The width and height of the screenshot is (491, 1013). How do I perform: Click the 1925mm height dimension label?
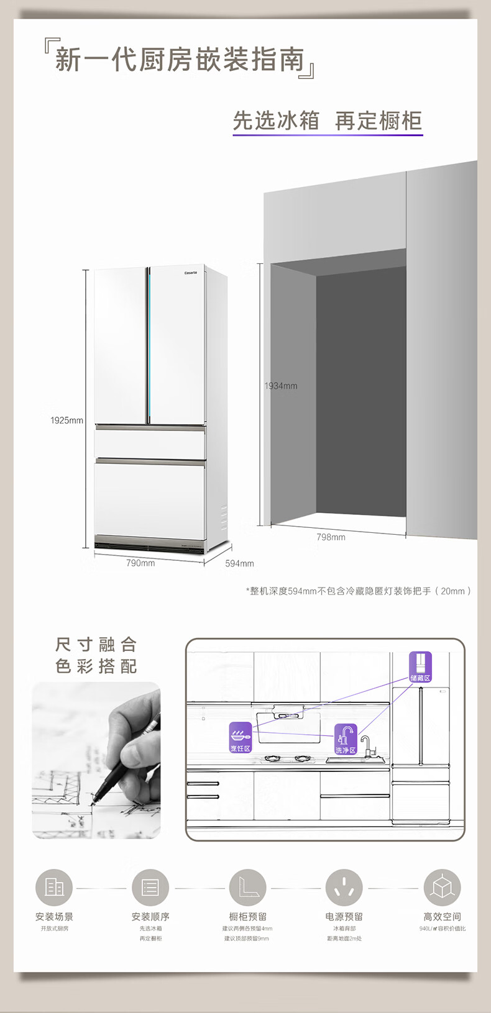[67, 420]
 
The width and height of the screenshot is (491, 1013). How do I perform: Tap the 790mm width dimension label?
[140, 563]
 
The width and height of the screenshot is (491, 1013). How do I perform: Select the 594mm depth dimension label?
[239, 563]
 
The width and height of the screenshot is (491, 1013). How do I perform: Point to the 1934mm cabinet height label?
[281, 386]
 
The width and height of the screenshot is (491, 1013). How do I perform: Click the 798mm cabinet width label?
[331, 537]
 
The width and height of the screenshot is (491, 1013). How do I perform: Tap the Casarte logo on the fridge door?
[190, 273]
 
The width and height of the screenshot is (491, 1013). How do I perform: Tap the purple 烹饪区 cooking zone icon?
[241, 737]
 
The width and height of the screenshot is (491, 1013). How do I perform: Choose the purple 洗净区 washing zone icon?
[346, 739]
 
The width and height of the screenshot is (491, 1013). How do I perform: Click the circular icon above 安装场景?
[54, 887]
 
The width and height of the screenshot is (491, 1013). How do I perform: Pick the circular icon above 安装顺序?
[150, 887]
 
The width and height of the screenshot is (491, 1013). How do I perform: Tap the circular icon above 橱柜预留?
[247, 887]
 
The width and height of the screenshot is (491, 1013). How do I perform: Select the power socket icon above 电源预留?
[344, 887]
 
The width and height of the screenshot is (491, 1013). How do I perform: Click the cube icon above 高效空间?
[442, 887]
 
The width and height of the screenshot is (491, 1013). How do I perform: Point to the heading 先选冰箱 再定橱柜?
[328, 120]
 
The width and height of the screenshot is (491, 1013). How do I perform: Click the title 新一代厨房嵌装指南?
[180, 60]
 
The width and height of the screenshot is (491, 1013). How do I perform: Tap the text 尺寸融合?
[96, 644]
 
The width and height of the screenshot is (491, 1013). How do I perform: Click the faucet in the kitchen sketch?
[366, 745]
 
